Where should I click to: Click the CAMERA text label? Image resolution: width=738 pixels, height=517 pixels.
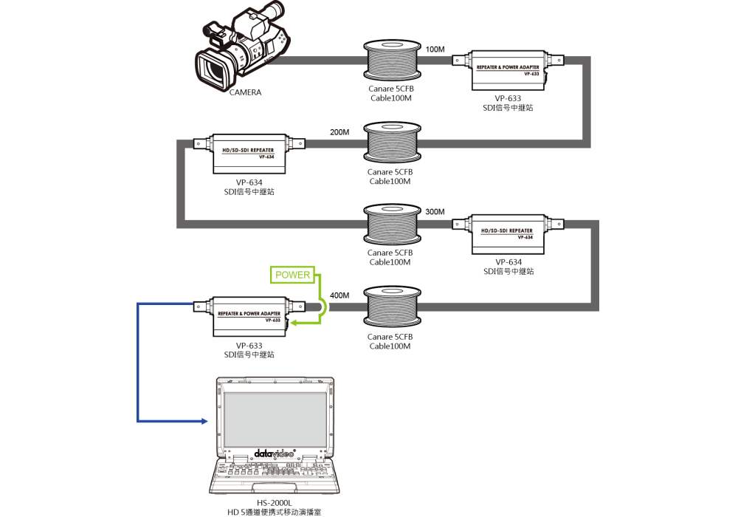coord(245,93)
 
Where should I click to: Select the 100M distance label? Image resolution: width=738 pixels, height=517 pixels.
coord(435,49)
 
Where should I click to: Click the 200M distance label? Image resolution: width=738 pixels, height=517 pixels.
coord(339,132)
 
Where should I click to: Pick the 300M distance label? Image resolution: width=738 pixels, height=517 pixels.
coord(435,212)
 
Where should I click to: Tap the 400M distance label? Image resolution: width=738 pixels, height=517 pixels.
coord(339,295)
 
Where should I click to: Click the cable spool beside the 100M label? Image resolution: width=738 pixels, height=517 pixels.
coord(391,61)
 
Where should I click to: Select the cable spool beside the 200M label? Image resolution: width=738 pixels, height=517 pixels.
coord(391,144)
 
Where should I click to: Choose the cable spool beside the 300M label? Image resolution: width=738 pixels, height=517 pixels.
coord(391,225)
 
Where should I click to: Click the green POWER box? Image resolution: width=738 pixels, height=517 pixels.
coord(292,275)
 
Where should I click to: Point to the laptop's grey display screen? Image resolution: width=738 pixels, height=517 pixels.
coord(275,417)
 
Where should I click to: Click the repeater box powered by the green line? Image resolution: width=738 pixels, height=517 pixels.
coord(248,315)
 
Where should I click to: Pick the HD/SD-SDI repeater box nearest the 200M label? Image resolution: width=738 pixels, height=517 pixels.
coord(248,151)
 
